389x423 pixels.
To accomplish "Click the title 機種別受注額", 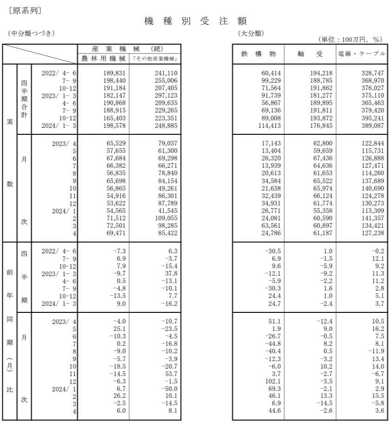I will coord(194,21).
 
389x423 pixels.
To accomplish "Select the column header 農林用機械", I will coord(103,59).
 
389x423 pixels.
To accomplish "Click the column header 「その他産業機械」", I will coord(155,59).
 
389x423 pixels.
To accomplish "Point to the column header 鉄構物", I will coord(258,54).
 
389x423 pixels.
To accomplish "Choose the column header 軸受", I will coord(310,54).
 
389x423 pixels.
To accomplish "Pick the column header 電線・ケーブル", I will coord(362,54).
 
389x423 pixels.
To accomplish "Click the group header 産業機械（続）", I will coord(129,49).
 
